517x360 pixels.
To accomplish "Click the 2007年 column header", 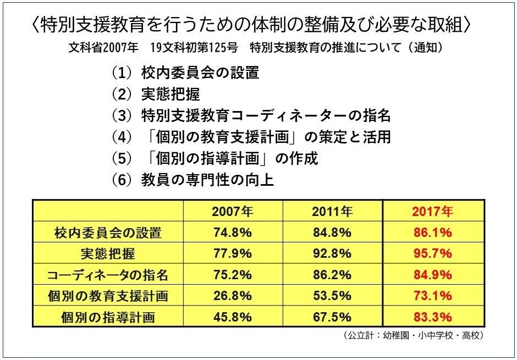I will tap(232, 211).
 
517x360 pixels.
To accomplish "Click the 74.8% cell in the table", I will tap(232, 232).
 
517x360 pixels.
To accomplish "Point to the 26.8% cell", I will tap(232, 296).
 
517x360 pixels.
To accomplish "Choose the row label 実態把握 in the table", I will tap(107, 253).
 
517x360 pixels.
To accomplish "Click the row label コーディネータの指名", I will tap(107, 275).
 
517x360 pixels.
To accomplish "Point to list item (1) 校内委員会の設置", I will tap(184, 73).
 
